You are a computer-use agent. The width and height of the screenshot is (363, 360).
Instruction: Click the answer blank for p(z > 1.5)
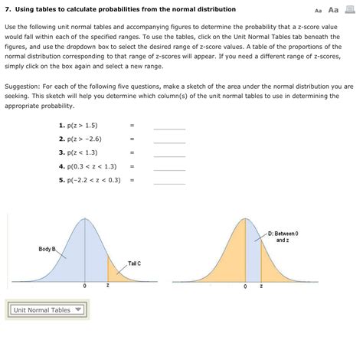[x=169, y=126]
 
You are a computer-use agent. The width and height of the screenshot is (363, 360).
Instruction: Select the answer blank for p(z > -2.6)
[x=169, y=139]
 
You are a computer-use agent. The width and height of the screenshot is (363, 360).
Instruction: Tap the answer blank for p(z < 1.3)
[x=169, y=153]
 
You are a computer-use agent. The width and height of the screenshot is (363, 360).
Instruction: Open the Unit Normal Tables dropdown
[x=48, y=310]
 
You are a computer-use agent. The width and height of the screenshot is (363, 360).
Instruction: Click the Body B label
[x=47, y=249]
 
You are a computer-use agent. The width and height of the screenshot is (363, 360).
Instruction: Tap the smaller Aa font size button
[x=319, y=11]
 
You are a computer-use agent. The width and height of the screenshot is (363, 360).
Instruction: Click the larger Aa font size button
[x=333, y=10]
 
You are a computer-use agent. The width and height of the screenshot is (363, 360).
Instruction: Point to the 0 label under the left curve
[x=85, y=286]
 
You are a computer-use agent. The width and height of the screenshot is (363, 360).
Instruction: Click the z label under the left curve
[x=108, y=286]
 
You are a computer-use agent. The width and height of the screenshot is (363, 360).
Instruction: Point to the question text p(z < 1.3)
[x=80, y=152]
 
